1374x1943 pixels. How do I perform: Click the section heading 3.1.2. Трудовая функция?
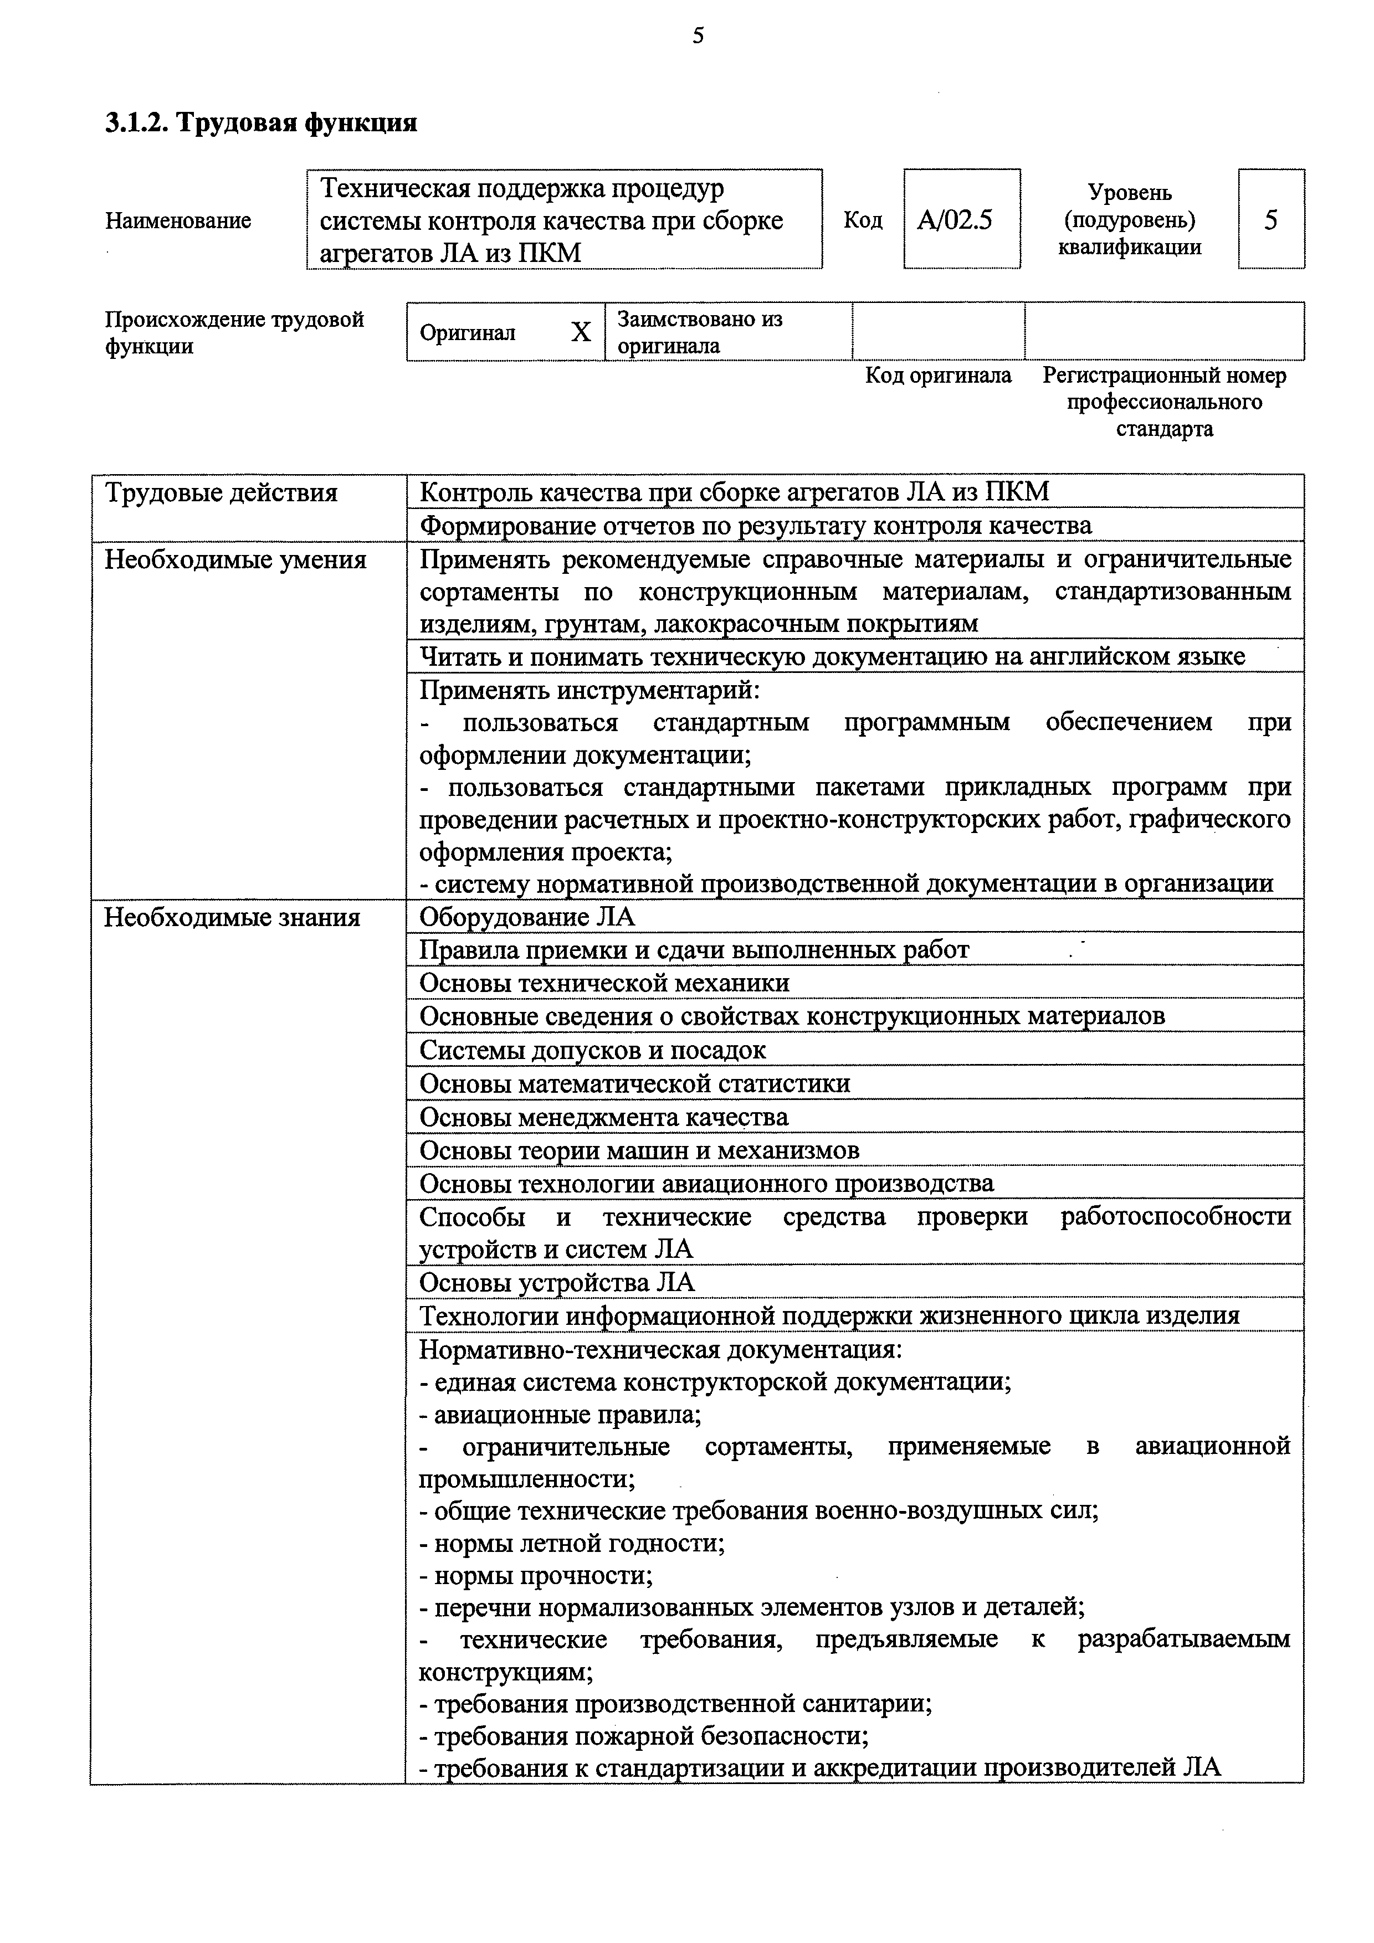(261, 123)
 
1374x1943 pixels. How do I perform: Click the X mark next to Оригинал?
(580, 332)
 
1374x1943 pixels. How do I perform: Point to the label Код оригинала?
(937, 375)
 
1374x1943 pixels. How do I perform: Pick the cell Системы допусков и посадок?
(593, 1050)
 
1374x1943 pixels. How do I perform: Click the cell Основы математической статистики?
(635, 1083)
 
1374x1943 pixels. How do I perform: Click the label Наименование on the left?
(178, 221)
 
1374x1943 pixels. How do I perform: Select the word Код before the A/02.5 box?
(863, 220)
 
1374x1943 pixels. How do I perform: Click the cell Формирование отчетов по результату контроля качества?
(755, 526)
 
